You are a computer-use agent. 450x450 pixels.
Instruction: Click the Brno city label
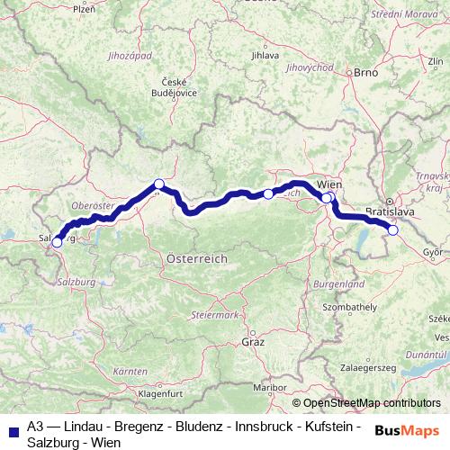click(364, 72)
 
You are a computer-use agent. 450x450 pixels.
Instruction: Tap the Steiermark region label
click(215, 315)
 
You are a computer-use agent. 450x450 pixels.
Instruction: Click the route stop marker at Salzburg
click(57, 242)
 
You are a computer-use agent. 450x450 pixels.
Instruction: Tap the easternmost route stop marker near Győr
click(392, 229)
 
